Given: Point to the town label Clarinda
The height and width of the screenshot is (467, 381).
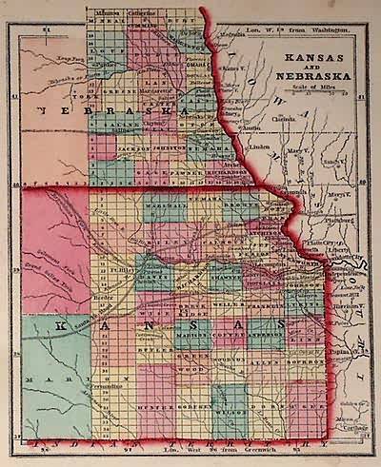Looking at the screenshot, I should (285, 120).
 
